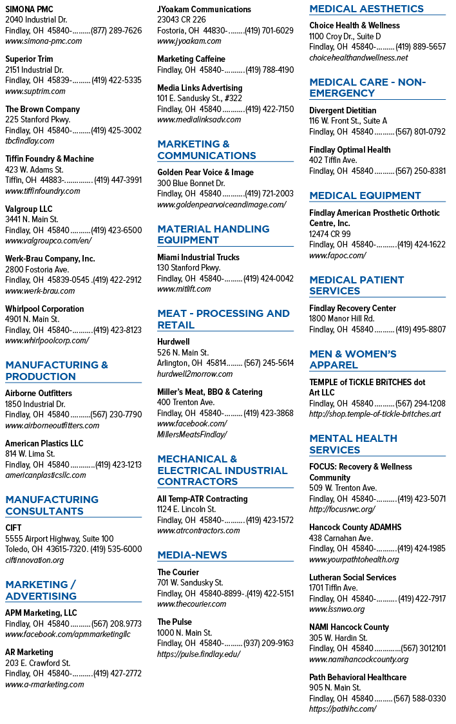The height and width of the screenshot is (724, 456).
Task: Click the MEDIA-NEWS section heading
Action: (x=192, y=555)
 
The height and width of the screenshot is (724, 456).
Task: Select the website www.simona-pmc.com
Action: (x=43, y=41)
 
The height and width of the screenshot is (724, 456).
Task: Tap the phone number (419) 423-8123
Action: (x=117, y=330)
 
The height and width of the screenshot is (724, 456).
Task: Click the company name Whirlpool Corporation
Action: (x=44, y=309)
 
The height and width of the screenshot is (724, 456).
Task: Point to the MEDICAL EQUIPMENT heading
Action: (x=365, y=196)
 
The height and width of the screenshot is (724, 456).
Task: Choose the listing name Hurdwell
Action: (x=173, y=341)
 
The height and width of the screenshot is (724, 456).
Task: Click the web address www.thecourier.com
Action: (x=191, y=604)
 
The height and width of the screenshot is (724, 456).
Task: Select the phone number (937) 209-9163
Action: (x=269, y=643)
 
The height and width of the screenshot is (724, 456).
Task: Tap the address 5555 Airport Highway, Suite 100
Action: (x=59, y=539)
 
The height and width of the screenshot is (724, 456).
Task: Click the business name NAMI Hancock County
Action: (x=349, y=627)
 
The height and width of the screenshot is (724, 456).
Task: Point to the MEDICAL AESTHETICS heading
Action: (x=366, y=9)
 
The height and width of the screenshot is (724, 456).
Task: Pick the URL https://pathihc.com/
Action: (x=343, y=709)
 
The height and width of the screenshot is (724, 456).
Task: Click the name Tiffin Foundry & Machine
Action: (x=50, y=159)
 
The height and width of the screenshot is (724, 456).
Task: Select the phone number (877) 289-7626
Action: (x=117, y=30)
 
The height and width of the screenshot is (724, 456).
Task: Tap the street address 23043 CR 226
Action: (x=182, y=20)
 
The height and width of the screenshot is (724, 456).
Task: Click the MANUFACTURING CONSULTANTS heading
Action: (x=52, y=506)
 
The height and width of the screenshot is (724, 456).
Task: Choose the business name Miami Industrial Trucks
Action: (x=198, y=257)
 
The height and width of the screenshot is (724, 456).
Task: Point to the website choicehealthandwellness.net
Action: (x=359, y=58)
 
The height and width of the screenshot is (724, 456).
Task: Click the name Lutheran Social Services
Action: (x=352, y=577)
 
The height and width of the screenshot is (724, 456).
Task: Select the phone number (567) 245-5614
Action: (x=269, y=363)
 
